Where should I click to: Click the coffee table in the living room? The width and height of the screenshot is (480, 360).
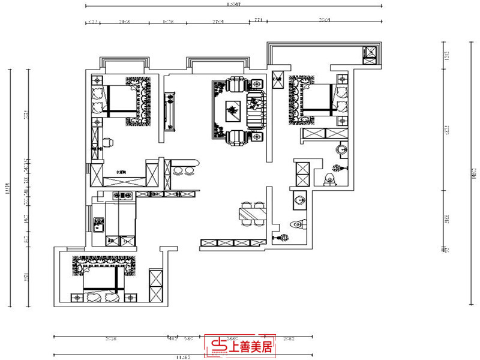(x=231, y=110)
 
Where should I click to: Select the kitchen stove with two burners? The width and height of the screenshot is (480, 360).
(x=124, y=195)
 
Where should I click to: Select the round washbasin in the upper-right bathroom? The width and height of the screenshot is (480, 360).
(x=340, y=149)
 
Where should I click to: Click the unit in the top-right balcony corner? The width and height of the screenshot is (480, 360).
(x=370, y=54)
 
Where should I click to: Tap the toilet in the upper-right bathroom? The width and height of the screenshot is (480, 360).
(x=328, y=179)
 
